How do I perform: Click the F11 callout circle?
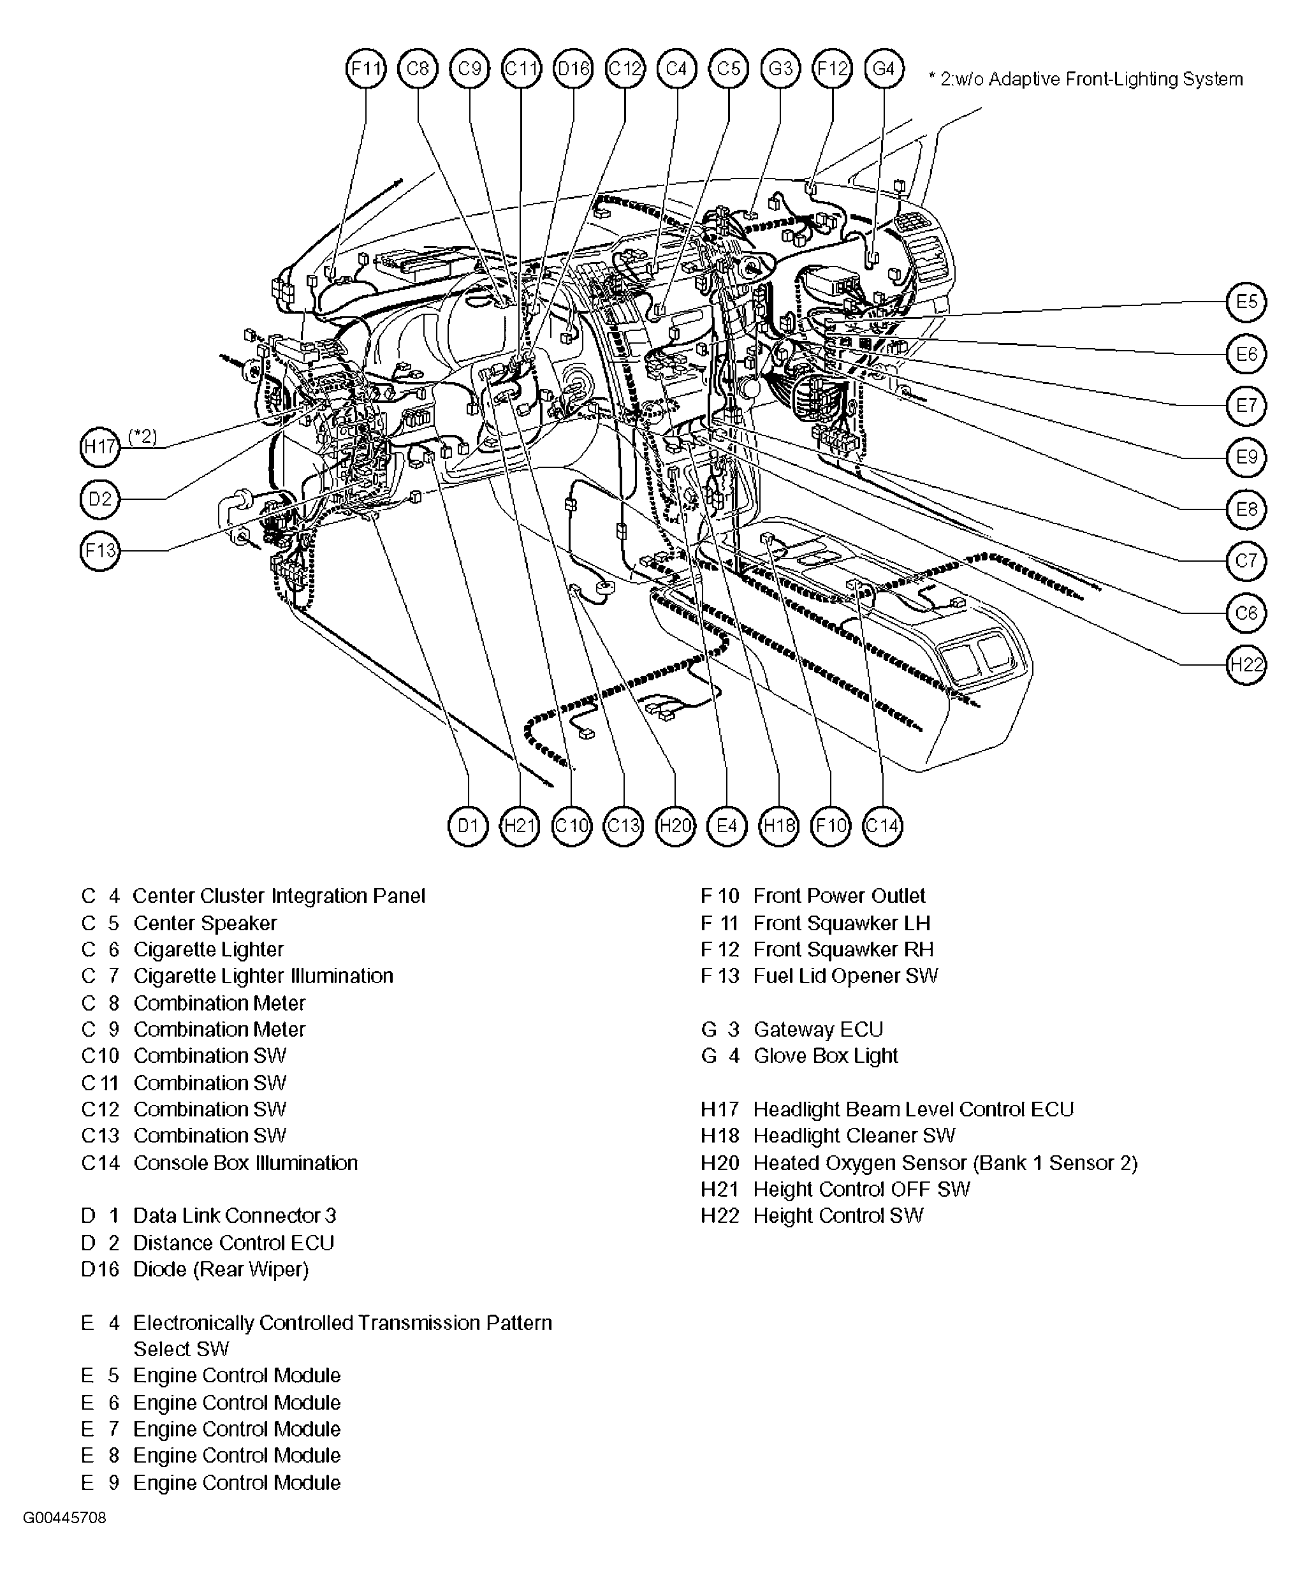tap(366, 69)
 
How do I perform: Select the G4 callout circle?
tap(884, 69)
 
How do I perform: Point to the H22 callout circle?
tap(1246, 664)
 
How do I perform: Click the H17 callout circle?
tap(99, 447)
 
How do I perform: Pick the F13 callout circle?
tap(99, 550)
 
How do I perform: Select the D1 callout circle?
tap(468, 826)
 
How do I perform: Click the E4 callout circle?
tap(727, 826)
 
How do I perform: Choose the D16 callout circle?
tap(573, 69)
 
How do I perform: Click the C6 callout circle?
tap(1246, 613)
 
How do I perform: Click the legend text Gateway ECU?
tap(818, 1030)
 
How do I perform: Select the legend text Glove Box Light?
tap(826, 1056)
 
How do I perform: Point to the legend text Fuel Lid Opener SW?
tap(845, 976)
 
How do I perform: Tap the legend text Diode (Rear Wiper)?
tap(221, 1269)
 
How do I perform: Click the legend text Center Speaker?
tap(205, 923)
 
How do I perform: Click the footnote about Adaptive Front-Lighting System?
tap(1086, 79)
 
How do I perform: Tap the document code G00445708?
tap(64, 1517)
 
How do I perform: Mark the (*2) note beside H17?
tap(143, 437)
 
